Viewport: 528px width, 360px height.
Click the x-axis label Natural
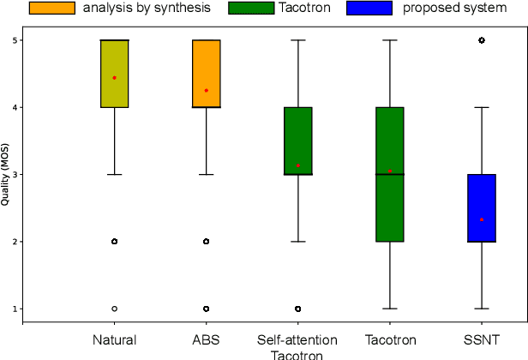click(x=114, y=340)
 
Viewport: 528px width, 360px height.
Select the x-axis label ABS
click(x=206, y=340)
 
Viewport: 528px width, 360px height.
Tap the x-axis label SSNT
click(x=482, y=340)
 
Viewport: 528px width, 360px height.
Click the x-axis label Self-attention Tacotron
click(x=297, y=347)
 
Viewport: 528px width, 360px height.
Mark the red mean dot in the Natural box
click(x=114, y=77)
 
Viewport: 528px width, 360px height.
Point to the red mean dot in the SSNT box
click(x=482, y=219)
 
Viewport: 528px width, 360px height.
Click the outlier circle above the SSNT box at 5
click(x=482, y=40)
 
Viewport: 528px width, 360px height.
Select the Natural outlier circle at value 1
click(x=114, y=309)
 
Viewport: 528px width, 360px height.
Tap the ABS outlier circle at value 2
click(x=206, y=242)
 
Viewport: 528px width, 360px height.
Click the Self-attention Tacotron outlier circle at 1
click(x=297, y=309)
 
